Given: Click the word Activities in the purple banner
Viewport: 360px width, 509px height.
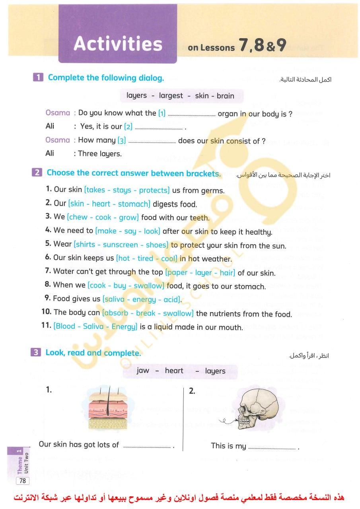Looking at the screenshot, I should [x=118, y=44].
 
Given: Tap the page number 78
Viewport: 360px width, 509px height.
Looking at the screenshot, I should [x=23, y=481].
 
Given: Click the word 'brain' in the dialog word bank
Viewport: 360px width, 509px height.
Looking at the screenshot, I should [x=226, y=96].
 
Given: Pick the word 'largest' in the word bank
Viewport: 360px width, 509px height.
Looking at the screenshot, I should [x=171, y=96].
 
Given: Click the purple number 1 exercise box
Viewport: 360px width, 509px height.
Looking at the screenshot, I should [x=38, y=78].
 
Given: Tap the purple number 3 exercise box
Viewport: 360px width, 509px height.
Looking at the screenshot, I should [x=35, y=352].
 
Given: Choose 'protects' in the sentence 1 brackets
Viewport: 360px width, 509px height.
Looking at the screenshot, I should [x=154, y=190].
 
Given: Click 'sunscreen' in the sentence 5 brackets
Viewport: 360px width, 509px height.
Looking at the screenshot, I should [x=120, y=245].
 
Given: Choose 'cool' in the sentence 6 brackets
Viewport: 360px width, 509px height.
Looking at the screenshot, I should [x=169, y=258].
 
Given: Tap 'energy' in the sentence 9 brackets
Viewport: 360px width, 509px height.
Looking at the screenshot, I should [x=144, y=299].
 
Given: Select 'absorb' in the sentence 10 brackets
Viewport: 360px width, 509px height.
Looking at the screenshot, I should [x=116, y=313].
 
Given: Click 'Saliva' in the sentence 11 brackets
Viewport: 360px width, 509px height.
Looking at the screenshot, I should [x=93, y=326].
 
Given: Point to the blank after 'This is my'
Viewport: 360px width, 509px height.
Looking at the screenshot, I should [x=272, y=447].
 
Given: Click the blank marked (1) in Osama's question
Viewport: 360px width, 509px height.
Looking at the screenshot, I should [x=191, y=114].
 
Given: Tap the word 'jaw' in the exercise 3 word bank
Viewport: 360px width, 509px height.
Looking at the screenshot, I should [x=143, y=371].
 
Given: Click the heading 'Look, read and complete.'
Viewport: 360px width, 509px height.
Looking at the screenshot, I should [x=93, y=353].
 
